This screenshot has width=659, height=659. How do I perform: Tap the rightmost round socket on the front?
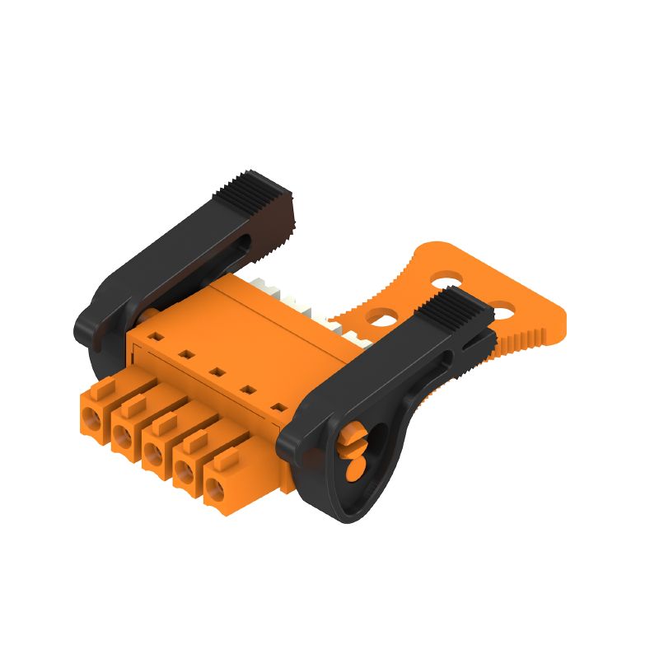pos(216,493)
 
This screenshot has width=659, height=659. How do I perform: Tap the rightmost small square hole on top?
pos(278,407)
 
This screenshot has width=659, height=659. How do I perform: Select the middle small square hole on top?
pos(217,372)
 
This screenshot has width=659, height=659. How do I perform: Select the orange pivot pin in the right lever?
pos(355,449)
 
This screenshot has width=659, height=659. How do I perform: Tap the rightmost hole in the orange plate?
pos(502,311)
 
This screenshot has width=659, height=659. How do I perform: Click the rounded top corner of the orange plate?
pos(432,247)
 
